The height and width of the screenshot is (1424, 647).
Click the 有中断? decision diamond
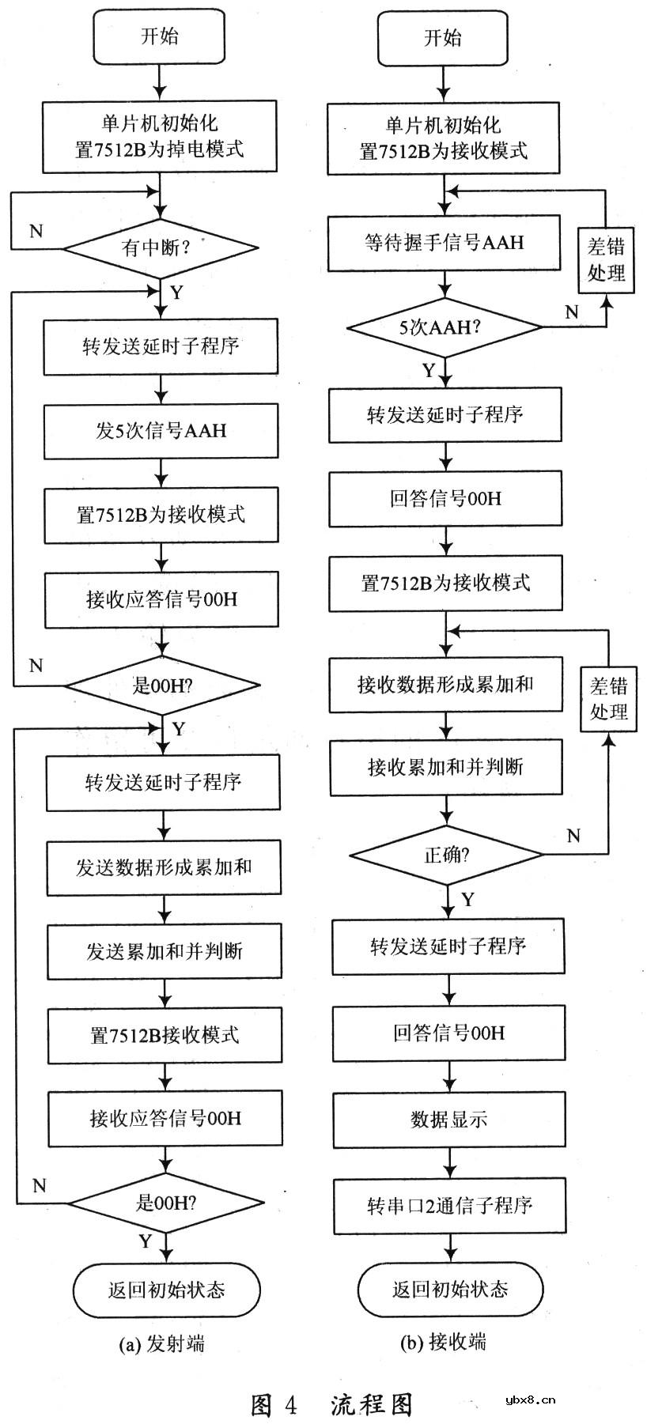point(160,248)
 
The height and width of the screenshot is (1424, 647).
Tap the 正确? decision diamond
point(447,855)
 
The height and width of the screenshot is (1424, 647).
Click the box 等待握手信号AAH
point(445,244)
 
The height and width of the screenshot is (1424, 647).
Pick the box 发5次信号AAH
point(161,431)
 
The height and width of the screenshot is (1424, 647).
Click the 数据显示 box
point(449,1120)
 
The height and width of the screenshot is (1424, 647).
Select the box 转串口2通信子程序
point(449,1206)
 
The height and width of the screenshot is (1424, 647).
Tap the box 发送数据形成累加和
point(164,867)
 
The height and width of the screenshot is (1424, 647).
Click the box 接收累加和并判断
point(446,767)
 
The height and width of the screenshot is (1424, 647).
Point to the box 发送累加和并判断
point(165,951)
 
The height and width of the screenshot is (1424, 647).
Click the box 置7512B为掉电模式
point(160,136)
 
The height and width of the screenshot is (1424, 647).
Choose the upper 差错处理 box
point(607,260)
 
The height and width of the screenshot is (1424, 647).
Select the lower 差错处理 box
point(608,700)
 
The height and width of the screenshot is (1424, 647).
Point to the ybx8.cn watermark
point(529,1399)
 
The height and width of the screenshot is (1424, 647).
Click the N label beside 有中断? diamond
point(36,231)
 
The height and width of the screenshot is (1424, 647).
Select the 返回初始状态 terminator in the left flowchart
point(166,1290)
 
